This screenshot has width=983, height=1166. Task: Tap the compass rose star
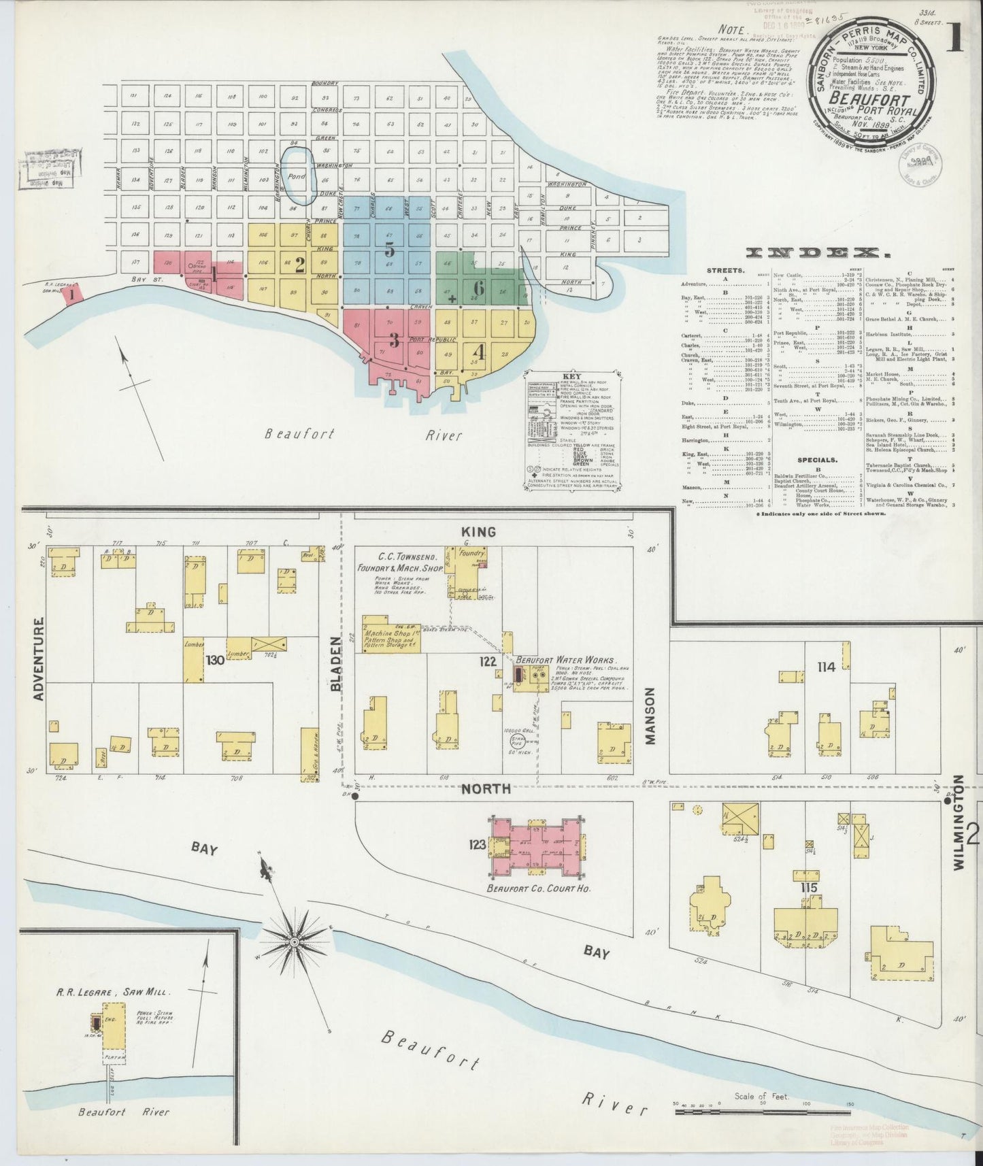294,942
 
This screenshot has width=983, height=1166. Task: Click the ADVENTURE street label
38,659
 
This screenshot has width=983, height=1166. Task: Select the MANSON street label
650,716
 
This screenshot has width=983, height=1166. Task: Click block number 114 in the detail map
826,667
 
